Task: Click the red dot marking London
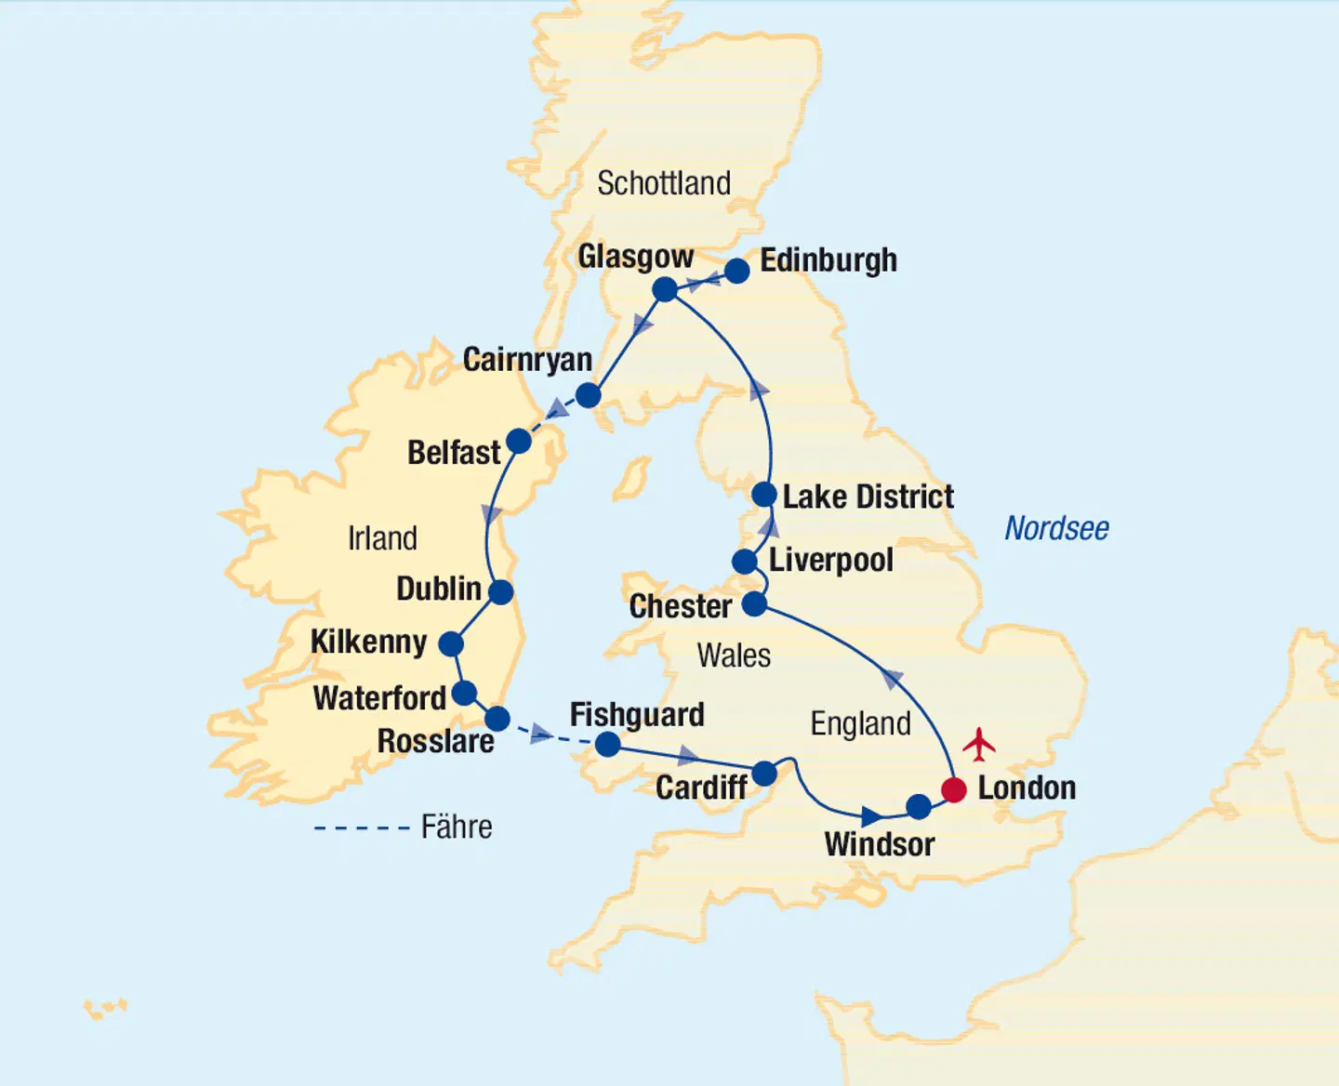pyautogui.click(x=954, y=790)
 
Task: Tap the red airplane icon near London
pyautogui.click(x=979, y=744)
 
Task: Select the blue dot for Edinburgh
pyautogui.click(x=736, y=271)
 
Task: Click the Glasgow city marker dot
pyautogui.click(x=665, y=289)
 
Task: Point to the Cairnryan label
pyautogui.click(x=527, y=360)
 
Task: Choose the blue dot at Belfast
pyautogui.click(x=519, y=441)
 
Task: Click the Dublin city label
pyautogui.click(x=438, y=589)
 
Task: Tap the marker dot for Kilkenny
pyautogui.click(x=451, y=643)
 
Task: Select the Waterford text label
pyautogui.click(x=379, y=697)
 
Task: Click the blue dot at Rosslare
pyautogui.click(x=498, y=718)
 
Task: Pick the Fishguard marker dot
pyautogui.click(x=607, y=744)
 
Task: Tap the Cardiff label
pyautogui.click(x=701, y=788)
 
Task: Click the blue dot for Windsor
pyautogui.click(x=919, y=806)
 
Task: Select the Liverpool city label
pyautogui.click(x=831, y=560)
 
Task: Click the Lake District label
pyautogui.click(x=868, y=497)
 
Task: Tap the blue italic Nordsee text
pyautogui.click(x=1056, y=528)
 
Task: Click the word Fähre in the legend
pyautogui.click(x=457, y=827)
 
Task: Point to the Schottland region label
pyautogui.click(x=664, y=183)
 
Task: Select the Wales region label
pyautogui.click(x=734, y=656)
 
